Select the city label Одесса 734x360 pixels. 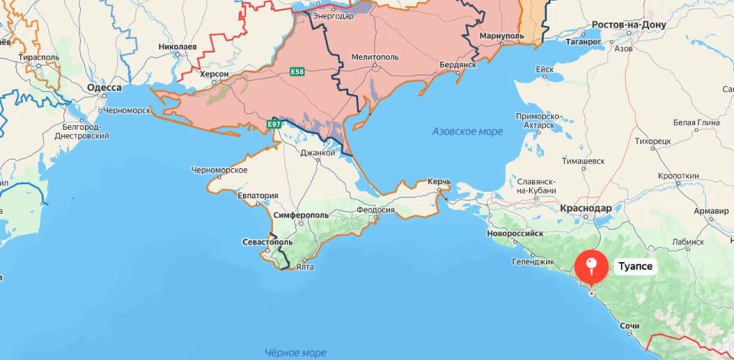104,88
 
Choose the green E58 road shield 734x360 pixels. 296,72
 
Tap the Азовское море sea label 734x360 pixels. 467,131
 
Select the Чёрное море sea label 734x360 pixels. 295,352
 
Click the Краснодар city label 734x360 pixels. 585,209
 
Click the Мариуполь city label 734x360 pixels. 502,37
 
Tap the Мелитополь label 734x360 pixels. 375,57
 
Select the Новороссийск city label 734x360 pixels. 515,232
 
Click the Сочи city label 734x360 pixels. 629,326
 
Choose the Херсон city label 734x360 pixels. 213,73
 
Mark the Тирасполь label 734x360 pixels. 40,57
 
